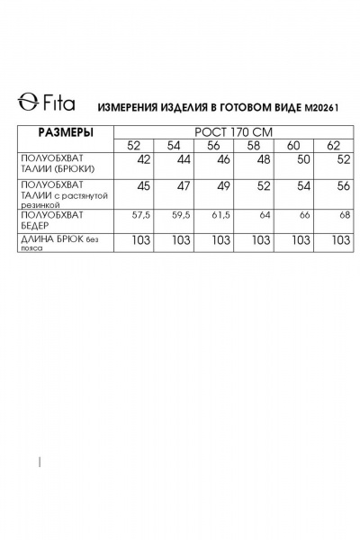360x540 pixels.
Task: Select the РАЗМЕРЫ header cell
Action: pos(65,132)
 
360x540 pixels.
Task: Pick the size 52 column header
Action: pos(134,146)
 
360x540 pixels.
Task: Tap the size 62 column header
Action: pos(333,146)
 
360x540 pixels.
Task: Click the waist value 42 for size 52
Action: pos(143,159)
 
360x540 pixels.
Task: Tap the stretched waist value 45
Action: pos(143,186)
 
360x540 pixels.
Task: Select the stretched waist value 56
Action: pos(342,186)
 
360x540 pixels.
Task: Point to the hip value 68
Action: pos(343,216)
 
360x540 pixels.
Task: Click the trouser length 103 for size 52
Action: pos(139,240)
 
